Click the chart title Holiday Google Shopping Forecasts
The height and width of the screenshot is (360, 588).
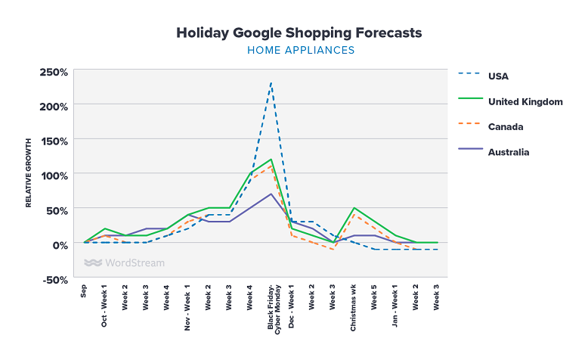coord(299,33)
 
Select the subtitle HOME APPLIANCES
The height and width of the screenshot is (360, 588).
coord(301,51)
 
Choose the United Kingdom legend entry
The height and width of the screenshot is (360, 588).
coord(525,101)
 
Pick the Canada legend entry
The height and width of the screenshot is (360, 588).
coord(506,126)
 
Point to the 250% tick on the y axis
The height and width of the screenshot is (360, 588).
coord(54,72)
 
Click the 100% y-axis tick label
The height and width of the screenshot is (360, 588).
coord(54,175)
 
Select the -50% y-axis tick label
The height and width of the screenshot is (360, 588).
coord(54,279)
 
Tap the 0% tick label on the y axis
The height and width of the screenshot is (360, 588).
coord(59,244)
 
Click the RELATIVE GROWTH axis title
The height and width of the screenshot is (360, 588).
coord(29,173)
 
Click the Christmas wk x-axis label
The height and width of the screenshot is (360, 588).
coord(353,308)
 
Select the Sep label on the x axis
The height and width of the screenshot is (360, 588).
coord(85,292)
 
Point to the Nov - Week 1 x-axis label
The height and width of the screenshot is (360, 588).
coord(188,308)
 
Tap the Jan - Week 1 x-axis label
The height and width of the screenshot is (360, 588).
coord(395,307)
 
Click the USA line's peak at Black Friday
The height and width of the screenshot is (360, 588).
coord(271,83)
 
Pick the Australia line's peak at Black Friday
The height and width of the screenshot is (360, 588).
coord(271,194)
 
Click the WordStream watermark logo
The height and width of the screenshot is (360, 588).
coord(124,263)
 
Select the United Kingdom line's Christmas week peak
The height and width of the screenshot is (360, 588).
coord(354,208)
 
